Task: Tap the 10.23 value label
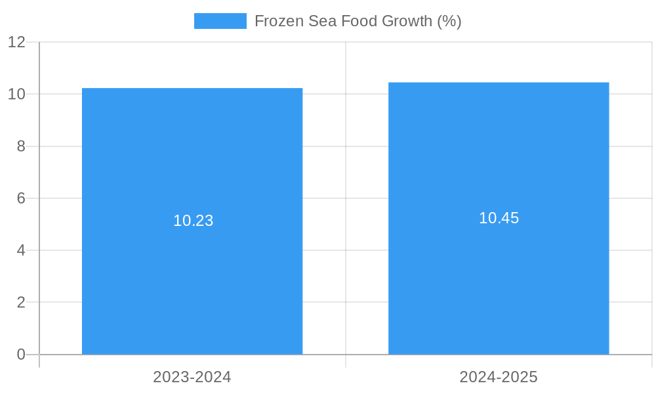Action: tap(194, 221)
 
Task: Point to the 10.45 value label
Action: tap(499, 218)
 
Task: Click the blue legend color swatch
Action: tap(220, 21)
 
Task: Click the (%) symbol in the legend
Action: tap(449, 21)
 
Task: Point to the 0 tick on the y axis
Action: tap(21, 355)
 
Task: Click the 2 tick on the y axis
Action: tap(21, 303)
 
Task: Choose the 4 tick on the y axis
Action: tap(21, 250)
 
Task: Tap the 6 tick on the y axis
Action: tap(21, 198)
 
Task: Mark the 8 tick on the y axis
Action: tap(21, 146)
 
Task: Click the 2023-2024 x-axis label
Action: tap(192, 377)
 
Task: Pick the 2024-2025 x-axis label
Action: tap(499, 377)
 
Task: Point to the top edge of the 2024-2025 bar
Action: tap(499, 83)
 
